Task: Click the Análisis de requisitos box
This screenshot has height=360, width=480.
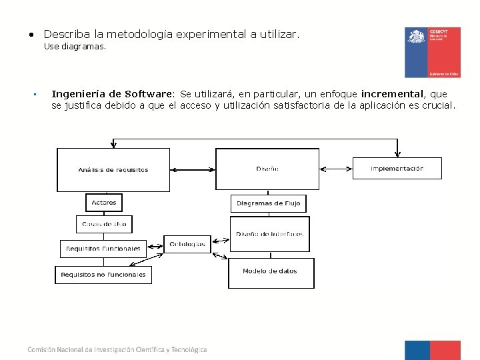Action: pos(113,169)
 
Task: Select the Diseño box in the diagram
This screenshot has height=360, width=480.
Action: pos(267,169)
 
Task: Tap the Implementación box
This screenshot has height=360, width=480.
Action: pos(397,169)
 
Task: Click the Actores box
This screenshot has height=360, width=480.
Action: pos(104,202)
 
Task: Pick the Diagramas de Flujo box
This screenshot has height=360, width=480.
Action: pos(269,203)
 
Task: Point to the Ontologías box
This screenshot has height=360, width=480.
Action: pos(187,244)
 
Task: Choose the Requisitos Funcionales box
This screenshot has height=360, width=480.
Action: pos(103,249)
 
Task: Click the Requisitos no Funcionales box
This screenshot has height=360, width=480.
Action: pos(103,275)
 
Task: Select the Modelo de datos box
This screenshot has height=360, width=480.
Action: pos(271,272)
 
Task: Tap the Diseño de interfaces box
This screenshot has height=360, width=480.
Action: pos(270,234)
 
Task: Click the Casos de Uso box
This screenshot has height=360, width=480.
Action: pos(105,224)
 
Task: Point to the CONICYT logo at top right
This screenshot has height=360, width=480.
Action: pos(432,53)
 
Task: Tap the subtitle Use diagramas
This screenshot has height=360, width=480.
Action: pos(75,47)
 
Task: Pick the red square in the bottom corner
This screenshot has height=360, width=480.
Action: pos(445,350)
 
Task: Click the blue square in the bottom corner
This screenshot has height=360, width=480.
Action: pos(417,350)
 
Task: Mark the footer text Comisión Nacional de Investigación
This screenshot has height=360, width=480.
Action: pos(117,349)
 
